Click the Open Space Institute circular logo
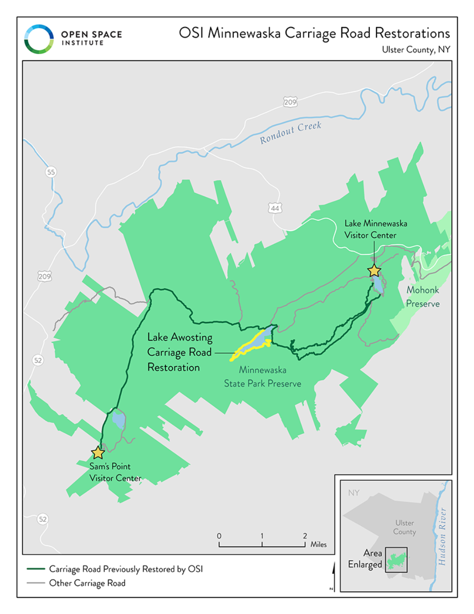39,39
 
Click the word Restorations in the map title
412,33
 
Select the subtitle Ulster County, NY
416,50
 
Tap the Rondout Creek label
291,132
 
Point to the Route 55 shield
51,172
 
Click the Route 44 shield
275,208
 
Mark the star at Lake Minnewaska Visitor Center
374,270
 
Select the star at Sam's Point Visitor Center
98,453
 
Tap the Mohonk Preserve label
422,297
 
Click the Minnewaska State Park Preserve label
263,377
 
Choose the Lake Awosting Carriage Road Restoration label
180,352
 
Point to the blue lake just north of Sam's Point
118,419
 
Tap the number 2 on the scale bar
305,536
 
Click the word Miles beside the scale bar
319,544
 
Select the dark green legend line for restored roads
36,569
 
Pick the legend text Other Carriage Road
87,583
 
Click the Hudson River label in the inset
442,536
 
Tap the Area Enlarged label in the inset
365,558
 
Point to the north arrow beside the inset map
332,577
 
